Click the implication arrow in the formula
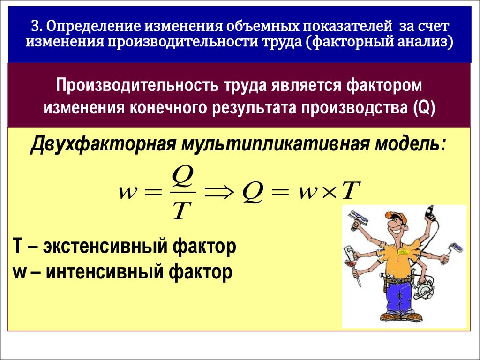point(219,193)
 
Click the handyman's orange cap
point(396,216)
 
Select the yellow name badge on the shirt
point(403,251)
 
